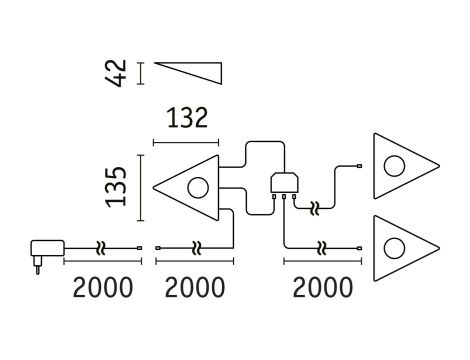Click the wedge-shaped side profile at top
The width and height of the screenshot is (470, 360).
[190, 75]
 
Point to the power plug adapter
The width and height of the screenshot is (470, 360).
[44, 249]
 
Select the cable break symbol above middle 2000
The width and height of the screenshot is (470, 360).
[197, 246]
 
